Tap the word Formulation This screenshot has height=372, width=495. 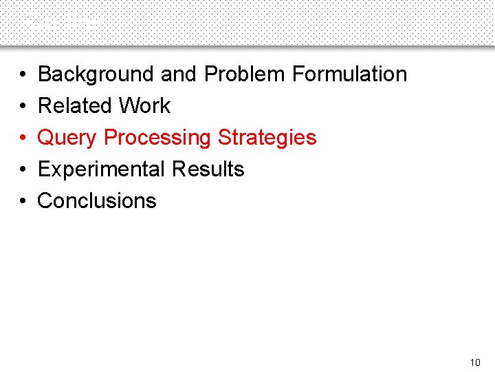[x=350, y=74]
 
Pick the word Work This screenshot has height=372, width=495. [x=144, y=105]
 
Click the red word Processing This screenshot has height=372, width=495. [x=157, y=138]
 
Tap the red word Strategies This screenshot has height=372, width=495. [x=267, y=137]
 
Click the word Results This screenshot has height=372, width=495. [x=208, y=169]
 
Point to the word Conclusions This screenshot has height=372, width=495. [x=97, y=200]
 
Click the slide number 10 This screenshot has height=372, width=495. [x=475, y=362]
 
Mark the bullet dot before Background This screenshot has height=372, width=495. [x=23, y=74]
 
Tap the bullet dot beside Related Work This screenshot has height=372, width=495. [x=23, y=106]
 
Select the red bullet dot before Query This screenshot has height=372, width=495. [x=23, y=138]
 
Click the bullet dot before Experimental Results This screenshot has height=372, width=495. [x=23, y=169]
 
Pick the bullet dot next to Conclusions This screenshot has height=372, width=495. [x=23, y=201]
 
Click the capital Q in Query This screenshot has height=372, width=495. [x=45, y=138]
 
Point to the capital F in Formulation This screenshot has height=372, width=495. [x=298, y=74]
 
